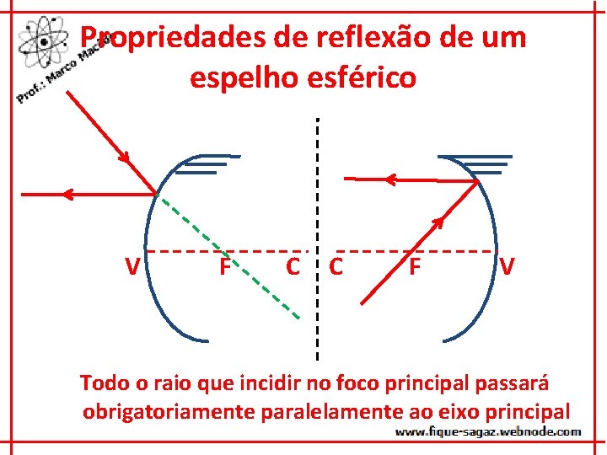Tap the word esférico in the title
point(364,78)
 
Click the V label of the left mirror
point(132,267)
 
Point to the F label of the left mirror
point(225,267)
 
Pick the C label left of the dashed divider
point(293,267)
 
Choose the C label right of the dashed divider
point(336,267)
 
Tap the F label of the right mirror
point(414,267)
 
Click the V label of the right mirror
point(507,267)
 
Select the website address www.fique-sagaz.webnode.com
point(488,432)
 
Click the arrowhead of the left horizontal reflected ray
point(68,194)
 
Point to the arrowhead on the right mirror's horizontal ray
point(389,179)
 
